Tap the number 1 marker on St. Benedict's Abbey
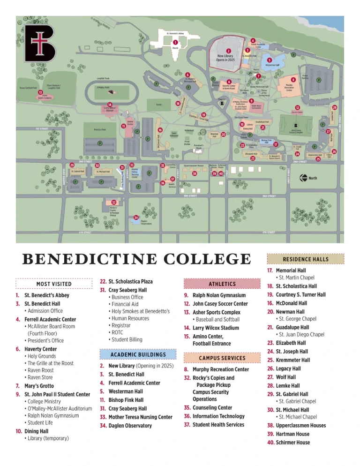(x=175, y=43)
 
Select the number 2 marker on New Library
(x=228, y=51)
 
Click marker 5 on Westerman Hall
(x=269, y=60)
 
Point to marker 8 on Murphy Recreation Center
(x=293, y=80)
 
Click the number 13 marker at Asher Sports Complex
(x=41, y=92)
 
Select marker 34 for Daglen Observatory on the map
(x=136, y=218)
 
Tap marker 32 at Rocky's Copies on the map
(x=113, y=202)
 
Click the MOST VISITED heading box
(x=54, y=284)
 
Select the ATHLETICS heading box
(x=222, y=284)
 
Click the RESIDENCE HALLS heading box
(x=305, y=259)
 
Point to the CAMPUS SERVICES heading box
(x=222, y=358)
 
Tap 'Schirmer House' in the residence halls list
(x=292, y=442)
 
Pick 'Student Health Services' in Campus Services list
(x=218, y=425)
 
